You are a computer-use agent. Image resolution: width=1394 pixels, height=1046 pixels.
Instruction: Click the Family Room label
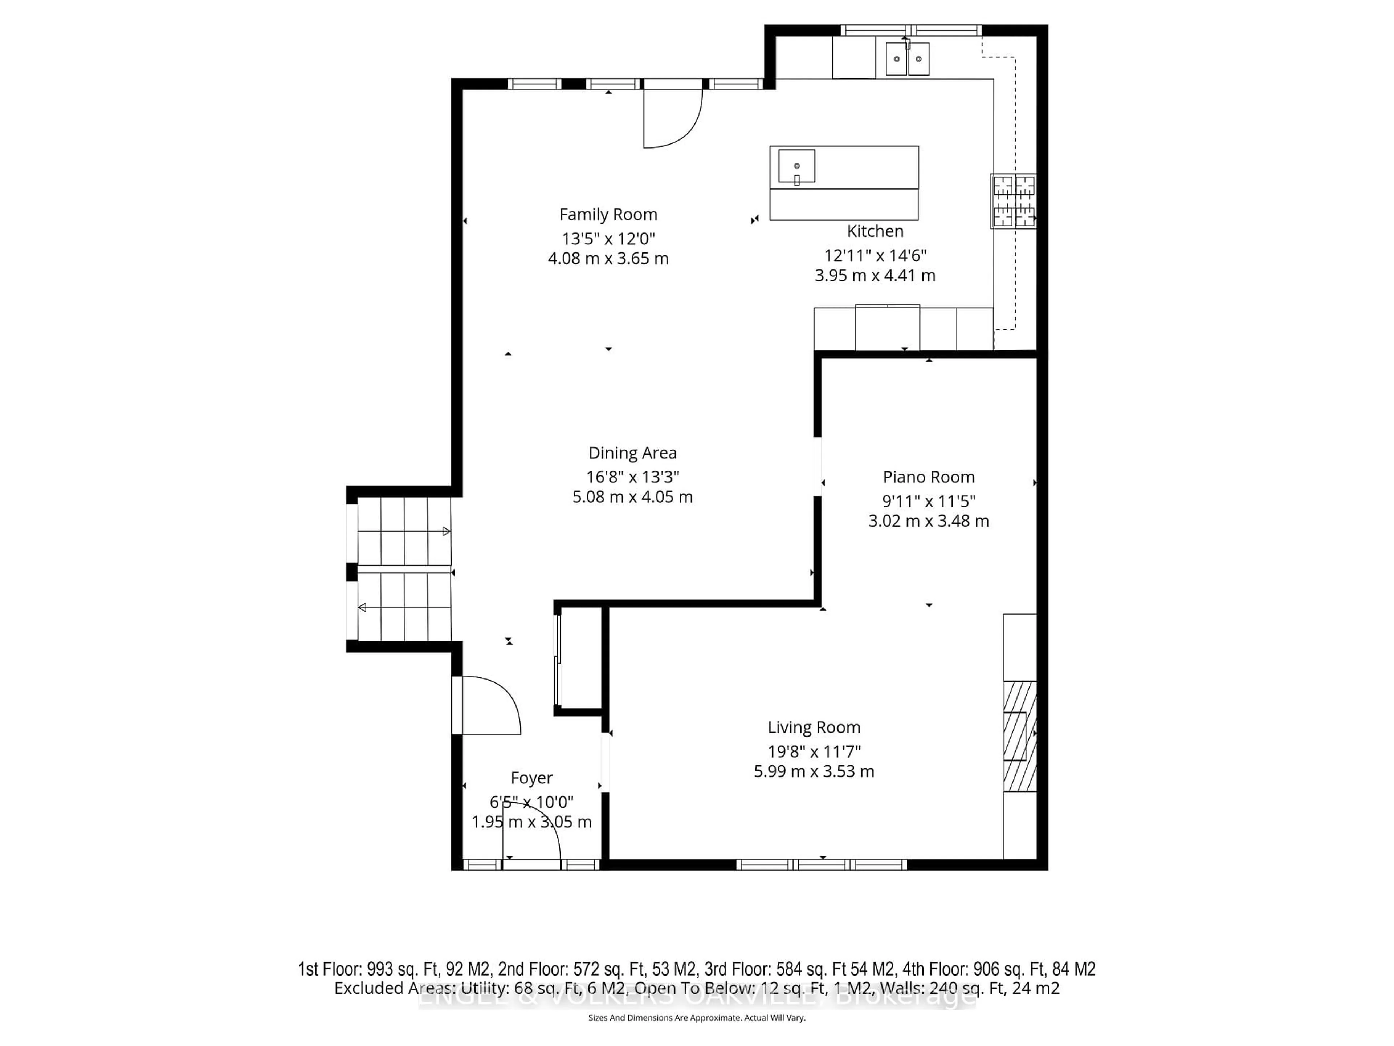[608, 215]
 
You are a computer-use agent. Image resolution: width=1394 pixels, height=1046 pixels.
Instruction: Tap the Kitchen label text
[875, 231]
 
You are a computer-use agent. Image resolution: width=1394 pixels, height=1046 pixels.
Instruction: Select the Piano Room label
[928, 477]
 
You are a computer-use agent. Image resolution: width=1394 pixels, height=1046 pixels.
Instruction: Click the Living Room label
[814, 727]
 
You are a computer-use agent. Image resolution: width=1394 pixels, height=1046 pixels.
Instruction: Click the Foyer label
[531, 778]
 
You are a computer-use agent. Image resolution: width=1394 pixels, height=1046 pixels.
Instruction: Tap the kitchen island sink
[796, 166]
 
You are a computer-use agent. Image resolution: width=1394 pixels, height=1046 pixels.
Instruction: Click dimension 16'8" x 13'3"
[632, 477]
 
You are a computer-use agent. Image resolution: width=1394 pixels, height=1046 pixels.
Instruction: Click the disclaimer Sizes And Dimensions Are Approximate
[696, 1018]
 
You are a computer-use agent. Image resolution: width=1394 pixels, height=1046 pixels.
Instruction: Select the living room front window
[822, 864]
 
